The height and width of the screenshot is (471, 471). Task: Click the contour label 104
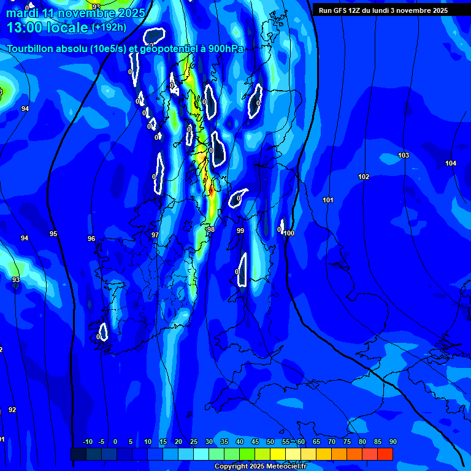tap(451, 163)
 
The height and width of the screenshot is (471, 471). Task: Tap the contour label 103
tap(404, 156)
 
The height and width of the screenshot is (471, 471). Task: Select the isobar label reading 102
tap(364, 177)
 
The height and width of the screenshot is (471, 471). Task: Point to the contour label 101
tap(328, 201)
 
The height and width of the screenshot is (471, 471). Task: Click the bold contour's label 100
tap(289, 234)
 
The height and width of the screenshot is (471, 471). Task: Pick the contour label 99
tap(240, 231)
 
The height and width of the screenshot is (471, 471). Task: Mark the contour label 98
tap(211, 230)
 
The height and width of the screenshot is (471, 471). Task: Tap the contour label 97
tap(155, 235)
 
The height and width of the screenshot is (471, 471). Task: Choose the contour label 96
tap(91, 239)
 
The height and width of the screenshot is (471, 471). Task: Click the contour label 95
tap(53, 234)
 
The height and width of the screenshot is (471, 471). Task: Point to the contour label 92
tap(12, 410)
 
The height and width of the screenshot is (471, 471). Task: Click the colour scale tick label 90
tap(392, 442)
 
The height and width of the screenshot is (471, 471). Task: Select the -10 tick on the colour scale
tap(88, 442)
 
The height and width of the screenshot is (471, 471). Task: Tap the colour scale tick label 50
tap(270, 442)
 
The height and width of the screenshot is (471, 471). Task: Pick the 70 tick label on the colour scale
tap(332, 442)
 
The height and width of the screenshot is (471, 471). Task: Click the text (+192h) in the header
tap(109, 28)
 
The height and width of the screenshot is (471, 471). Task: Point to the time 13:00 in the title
tap(28, 28)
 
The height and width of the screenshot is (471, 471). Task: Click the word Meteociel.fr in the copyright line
tap(285, 467)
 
